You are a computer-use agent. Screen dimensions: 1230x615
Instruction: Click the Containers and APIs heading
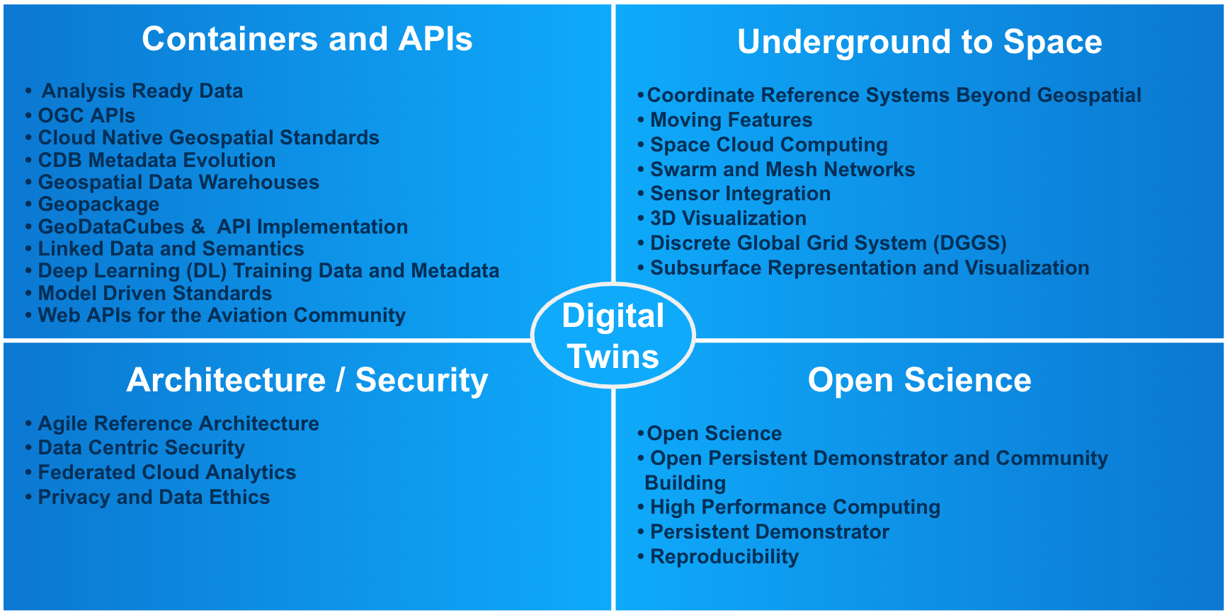(x=307, y=39)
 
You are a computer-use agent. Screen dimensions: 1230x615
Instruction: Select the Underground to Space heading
(x=919, y=42)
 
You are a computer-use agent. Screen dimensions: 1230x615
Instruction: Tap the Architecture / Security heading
(x=307, y=380)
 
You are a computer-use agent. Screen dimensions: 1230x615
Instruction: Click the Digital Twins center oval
(x=613, y=335)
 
